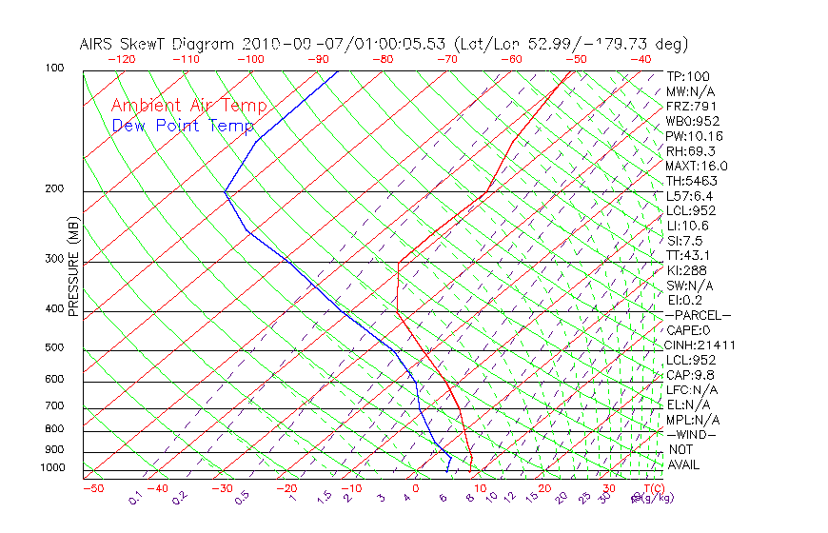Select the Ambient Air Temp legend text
(x=188, y=107)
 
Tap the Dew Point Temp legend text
(x=183, y=126)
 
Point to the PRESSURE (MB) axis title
(x=73, y=266)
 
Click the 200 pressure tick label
(x=54, y=189)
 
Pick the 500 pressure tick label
(x=54, y=347)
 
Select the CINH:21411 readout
(x=700, y=345)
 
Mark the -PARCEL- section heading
(x=698, y=315)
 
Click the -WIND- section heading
(x=692, y=434)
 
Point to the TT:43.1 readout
(x=688, y=255)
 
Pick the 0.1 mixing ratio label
(x=135, y=497)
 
